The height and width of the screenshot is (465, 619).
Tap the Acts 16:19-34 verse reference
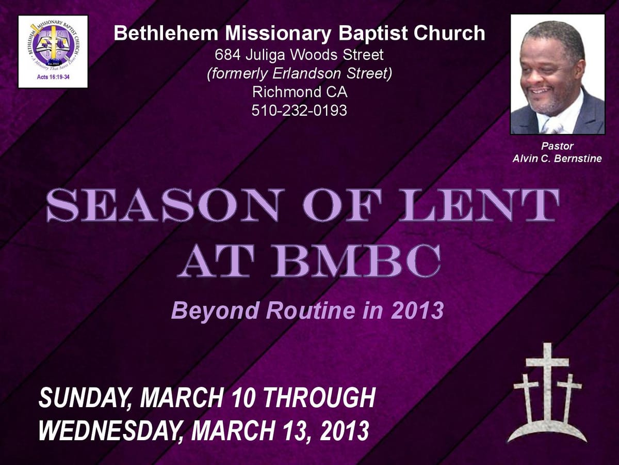53,77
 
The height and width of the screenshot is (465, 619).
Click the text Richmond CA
300,92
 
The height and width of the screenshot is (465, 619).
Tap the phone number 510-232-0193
300,110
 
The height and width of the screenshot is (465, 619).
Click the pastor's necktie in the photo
553,124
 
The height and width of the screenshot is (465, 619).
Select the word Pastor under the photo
557,146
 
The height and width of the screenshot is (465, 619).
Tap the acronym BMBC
358,261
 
